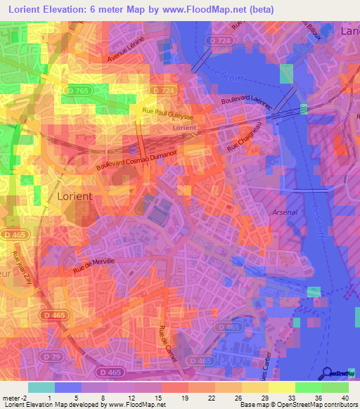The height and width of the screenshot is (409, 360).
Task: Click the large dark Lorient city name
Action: (x=75, y=197)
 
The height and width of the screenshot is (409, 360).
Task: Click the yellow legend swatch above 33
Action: (x=283, y=387)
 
